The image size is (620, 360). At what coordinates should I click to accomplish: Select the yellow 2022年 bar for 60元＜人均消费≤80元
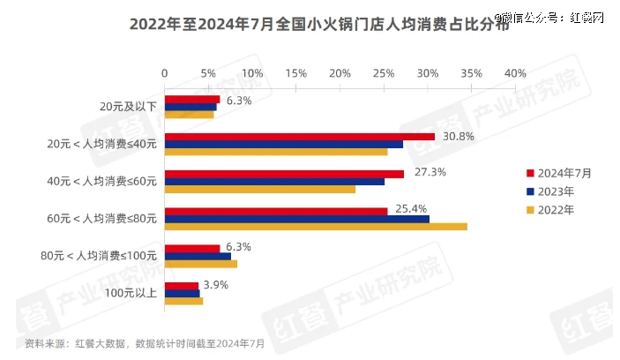point(316,227)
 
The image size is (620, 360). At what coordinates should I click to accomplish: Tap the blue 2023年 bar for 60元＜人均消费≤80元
point(297,219)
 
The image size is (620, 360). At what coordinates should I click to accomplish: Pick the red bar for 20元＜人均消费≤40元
point(299,136)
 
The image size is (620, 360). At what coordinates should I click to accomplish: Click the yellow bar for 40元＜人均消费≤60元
point(260,189)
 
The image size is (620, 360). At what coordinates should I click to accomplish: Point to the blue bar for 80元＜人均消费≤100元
point(198,256)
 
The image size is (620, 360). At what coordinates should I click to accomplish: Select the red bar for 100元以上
point(182,286)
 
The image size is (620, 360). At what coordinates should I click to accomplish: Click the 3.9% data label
point(216,285)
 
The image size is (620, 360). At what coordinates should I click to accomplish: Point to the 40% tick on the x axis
point(515,71)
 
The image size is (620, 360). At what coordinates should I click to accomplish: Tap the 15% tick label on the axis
point(295,71)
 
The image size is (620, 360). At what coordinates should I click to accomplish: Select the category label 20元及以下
point(129,107)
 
